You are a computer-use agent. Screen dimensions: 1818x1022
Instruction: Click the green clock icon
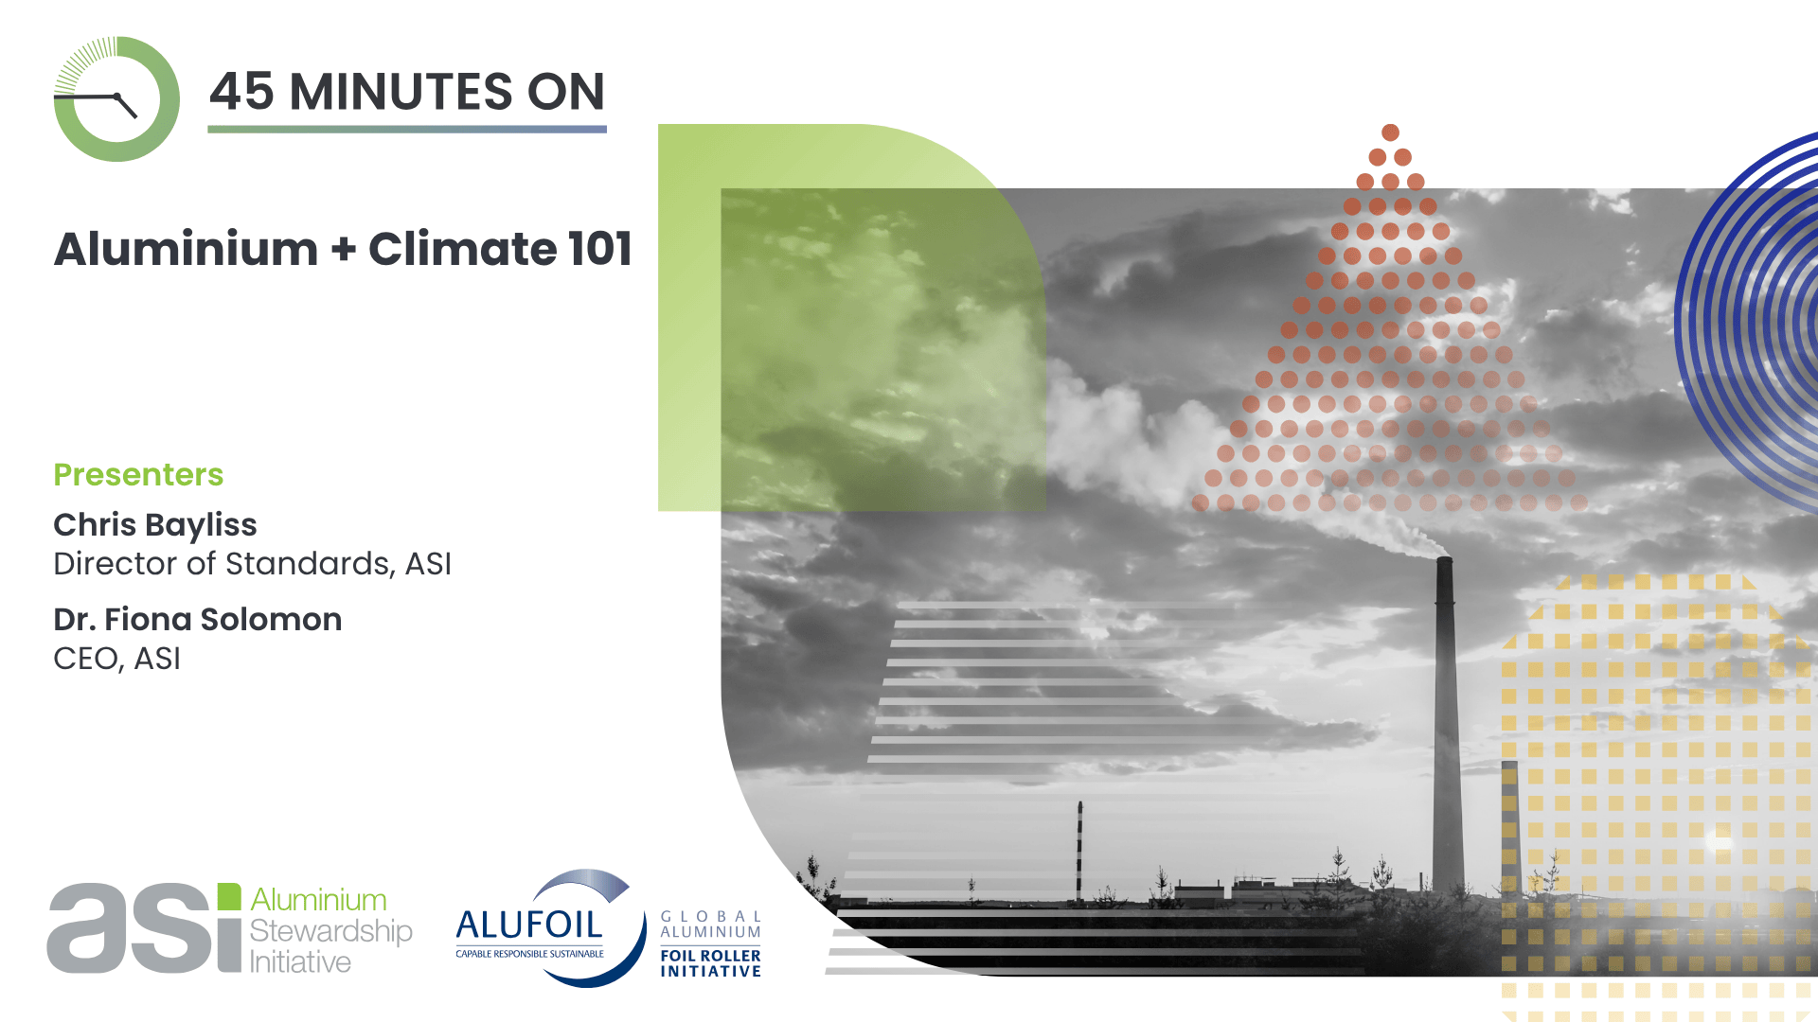[x=116, y=99]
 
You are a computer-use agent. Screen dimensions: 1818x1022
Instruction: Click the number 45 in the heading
[x=241, y=92]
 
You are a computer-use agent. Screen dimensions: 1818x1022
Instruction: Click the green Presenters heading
[x=138, y=474]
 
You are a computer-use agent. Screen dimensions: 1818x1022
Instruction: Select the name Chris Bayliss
[x=155, y=525]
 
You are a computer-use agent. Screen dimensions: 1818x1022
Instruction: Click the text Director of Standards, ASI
[x=253, y=564]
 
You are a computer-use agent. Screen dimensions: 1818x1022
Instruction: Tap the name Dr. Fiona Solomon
[x=198, y=619]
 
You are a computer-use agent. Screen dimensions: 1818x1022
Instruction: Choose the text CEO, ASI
[x=116, y=659]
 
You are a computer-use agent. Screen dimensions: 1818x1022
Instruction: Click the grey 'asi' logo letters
[x=132, y=927]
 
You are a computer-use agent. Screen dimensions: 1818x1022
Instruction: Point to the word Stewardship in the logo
[x=330, y=931]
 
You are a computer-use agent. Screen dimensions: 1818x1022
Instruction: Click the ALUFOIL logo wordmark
[x=529, y=925]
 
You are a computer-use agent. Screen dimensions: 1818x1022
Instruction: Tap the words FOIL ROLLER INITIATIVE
[x=710, y=963]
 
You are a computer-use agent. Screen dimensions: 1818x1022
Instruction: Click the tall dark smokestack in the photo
[x=1444, y=724]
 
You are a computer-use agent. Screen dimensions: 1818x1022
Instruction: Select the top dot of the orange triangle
[x=1390, y=132]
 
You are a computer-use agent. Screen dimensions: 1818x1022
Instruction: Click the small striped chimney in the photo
[x=1079, y=851]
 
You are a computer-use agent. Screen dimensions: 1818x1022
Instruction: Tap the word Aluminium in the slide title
[x=187, y=249]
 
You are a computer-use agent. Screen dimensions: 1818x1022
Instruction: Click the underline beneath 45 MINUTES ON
[x=407, y=129]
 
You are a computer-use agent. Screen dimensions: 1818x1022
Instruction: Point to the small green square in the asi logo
[x=229, y=896]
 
